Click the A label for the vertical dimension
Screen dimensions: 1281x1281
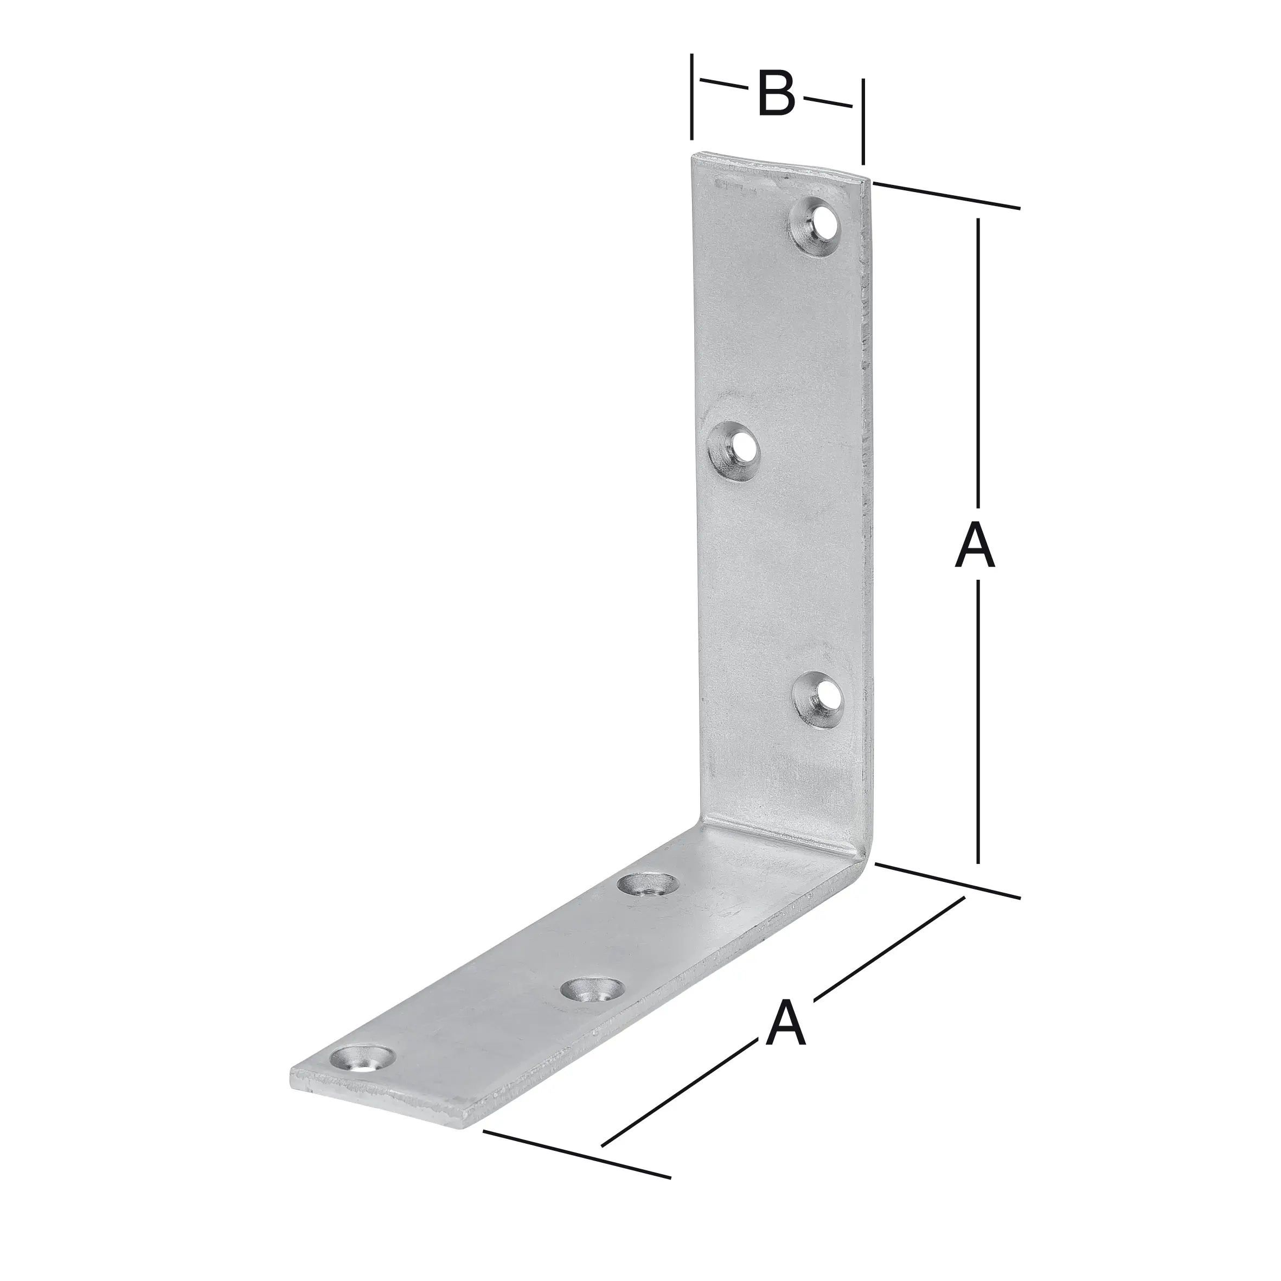click(975, 546)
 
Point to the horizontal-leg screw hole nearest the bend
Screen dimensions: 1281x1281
click(647, 884)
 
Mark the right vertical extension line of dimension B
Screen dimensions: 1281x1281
click(863, 121)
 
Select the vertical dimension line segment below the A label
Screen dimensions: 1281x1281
click(978, 723)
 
